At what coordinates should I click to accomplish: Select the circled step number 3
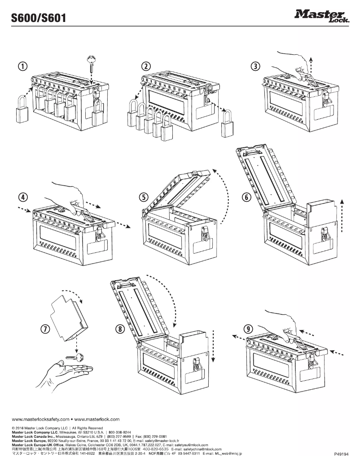point(255,66)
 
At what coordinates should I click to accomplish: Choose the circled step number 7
point(45,328)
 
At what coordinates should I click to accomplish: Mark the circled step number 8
point(120,328)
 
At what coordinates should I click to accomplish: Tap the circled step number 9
point(248,328)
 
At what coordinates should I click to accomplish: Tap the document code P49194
point(342,454)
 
